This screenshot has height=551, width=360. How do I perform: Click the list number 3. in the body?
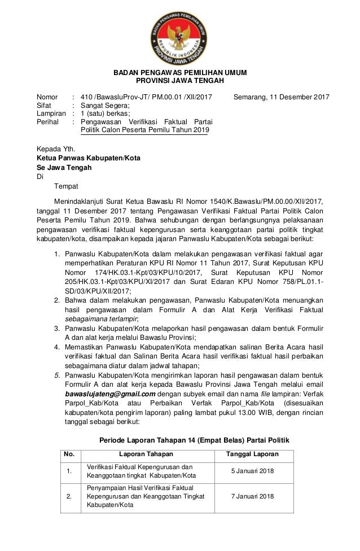(x=57, y=328)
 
